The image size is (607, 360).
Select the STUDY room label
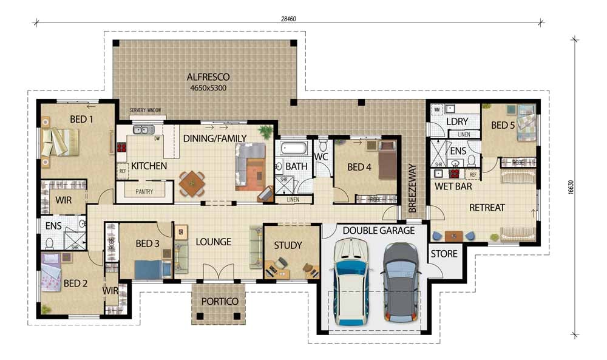(288, 245)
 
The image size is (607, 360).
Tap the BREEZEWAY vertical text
(412, 188)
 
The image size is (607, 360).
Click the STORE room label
(444, 254)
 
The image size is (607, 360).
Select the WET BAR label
(452, 187)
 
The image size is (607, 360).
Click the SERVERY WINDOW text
(145, 110)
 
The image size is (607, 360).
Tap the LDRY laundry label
(456, 122)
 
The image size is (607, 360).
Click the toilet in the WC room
(323, 146)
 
